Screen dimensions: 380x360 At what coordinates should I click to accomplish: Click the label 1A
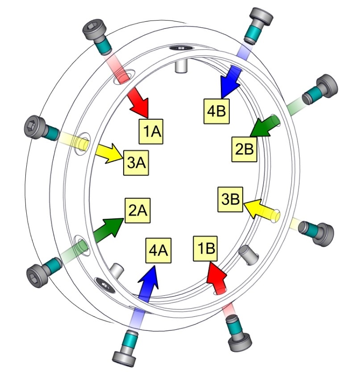click(x=153, y=130)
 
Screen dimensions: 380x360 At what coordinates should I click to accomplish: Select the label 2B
click(x=245, y=150)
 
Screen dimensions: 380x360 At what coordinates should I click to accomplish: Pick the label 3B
click(x=230, y=200)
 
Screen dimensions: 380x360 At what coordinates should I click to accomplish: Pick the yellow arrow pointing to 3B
click(x=261, y=210)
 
